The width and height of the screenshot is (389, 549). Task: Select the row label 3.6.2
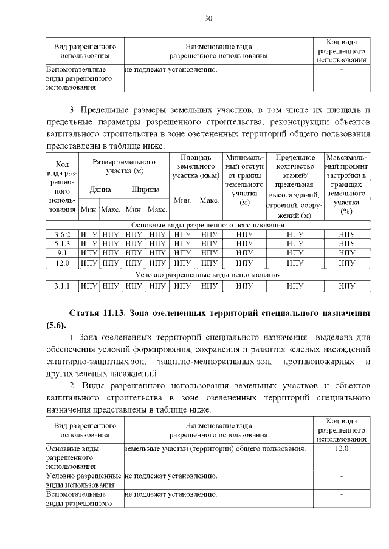[x=62, y=234]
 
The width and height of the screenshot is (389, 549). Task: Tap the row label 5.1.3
[x=62, y=243]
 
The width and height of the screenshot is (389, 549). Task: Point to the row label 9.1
[x=62, y=253]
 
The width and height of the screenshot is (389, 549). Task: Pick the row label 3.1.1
[x=62, y=285]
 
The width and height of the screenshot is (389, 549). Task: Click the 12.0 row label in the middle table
[x=62, y=263]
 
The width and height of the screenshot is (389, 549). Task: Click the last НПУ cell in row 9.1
[x=346, y=253]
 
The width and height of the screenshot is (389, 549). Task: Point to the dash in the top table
[x=342, y=70]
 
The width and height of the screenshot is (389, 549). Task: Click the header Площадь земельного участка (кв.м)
[x=196, y=166]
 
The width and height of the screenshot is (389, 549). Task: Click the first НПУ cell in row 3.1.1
[x=89, y=285]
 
